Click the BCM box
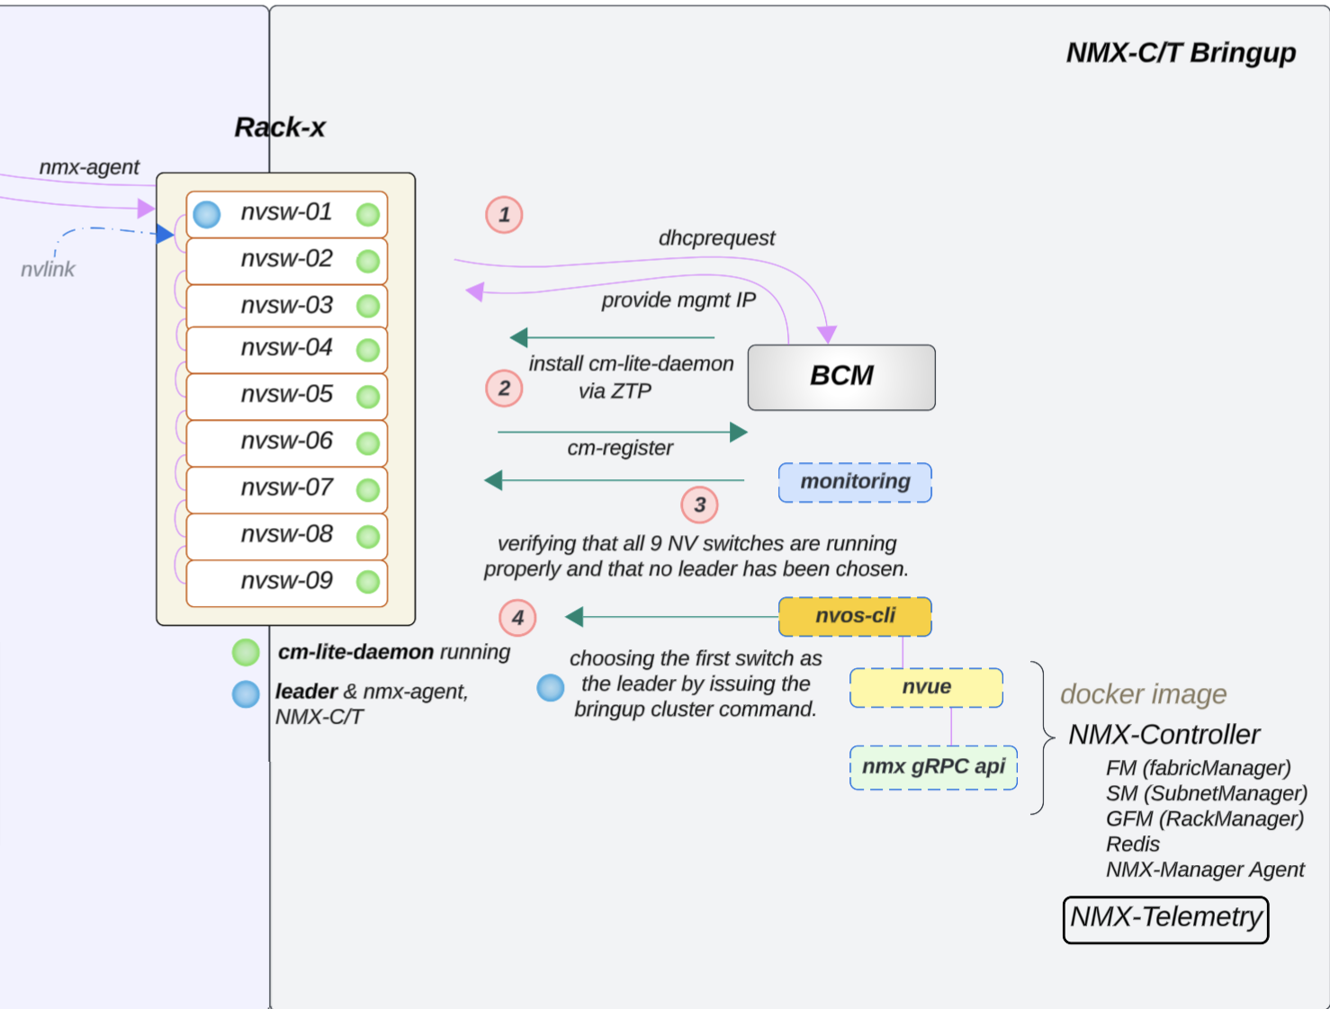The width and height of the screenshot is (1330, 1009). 841,377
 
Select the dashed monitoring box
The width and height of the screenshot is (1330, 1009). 855,482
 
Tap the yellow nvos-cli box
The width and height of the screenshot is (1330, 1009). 855,616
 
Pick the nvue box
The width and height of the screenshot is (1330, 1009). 926,687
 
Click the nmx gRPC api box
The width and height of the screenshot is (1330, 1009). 933,767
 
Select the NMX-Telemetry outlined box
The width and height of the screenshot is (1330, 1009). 1165,919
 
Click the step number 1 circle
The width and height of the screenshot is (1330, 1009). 504,215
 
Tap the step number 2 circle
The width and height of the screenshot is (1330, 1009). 504,388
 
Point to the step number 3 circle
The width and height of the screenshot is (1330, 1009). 699,505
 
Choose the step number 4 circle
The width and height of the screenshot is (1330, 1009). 517,618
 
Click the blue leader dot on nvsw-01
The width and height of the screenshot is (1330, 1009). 207,215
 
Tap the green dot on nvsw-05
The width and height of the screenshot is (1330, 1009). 368,397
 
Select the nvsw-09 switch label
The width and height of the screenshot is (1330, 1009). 286,581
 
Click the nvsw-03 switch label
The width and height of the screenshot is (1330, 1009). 286,306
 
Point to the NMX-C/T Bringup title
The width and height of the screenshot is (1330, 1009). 1181,53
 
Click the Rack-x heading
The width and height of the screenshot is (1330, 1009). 280,128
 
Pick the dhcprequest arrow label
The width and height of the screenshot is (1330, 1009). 716,238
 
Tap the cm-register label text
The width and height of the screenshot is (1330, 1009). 620,448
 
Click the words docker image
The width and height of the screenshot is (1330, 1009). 1143,694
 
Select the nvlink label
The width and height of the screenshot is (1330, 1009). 48,270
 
